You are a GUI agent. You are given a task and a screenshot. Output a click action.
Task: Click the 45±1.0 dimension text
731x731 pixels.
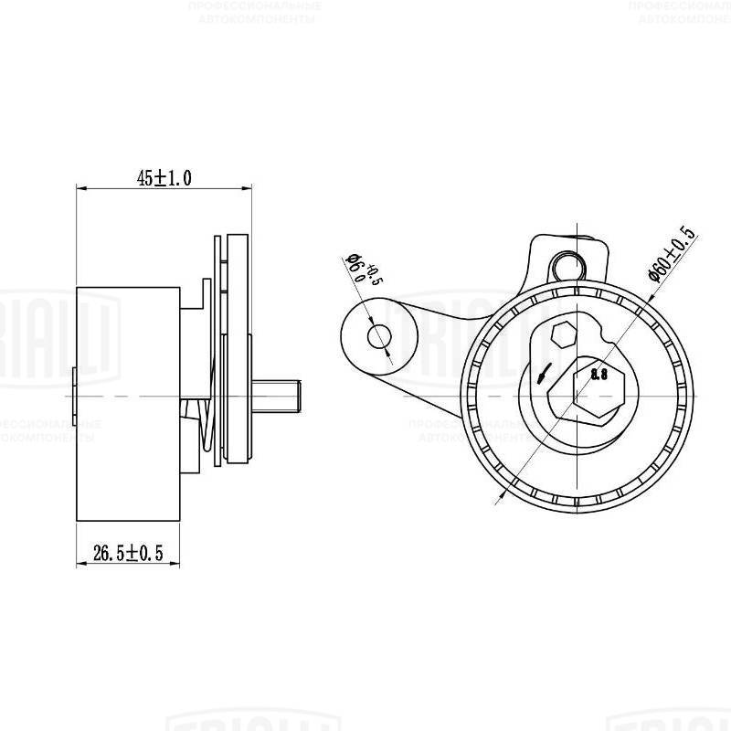tap(164, 178)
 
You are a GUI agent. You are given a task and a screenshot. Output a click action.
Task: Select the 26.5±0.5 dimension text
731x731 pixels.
tap(128, 553)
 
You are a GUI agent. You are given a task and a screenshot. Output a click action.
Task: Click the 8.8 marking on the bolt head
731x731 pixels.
tap(599, 375)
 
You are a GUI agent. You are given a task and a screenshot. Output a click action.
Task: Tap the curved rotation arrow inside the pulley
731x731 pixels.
tap(544, 373)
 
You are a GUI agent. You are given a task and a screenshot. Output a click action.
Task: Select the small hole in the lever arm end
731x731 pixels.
tap(379, 337)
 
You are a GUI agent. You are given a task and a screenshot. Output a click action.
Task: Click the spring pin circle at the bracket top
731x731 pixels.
tap(569, 265)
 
